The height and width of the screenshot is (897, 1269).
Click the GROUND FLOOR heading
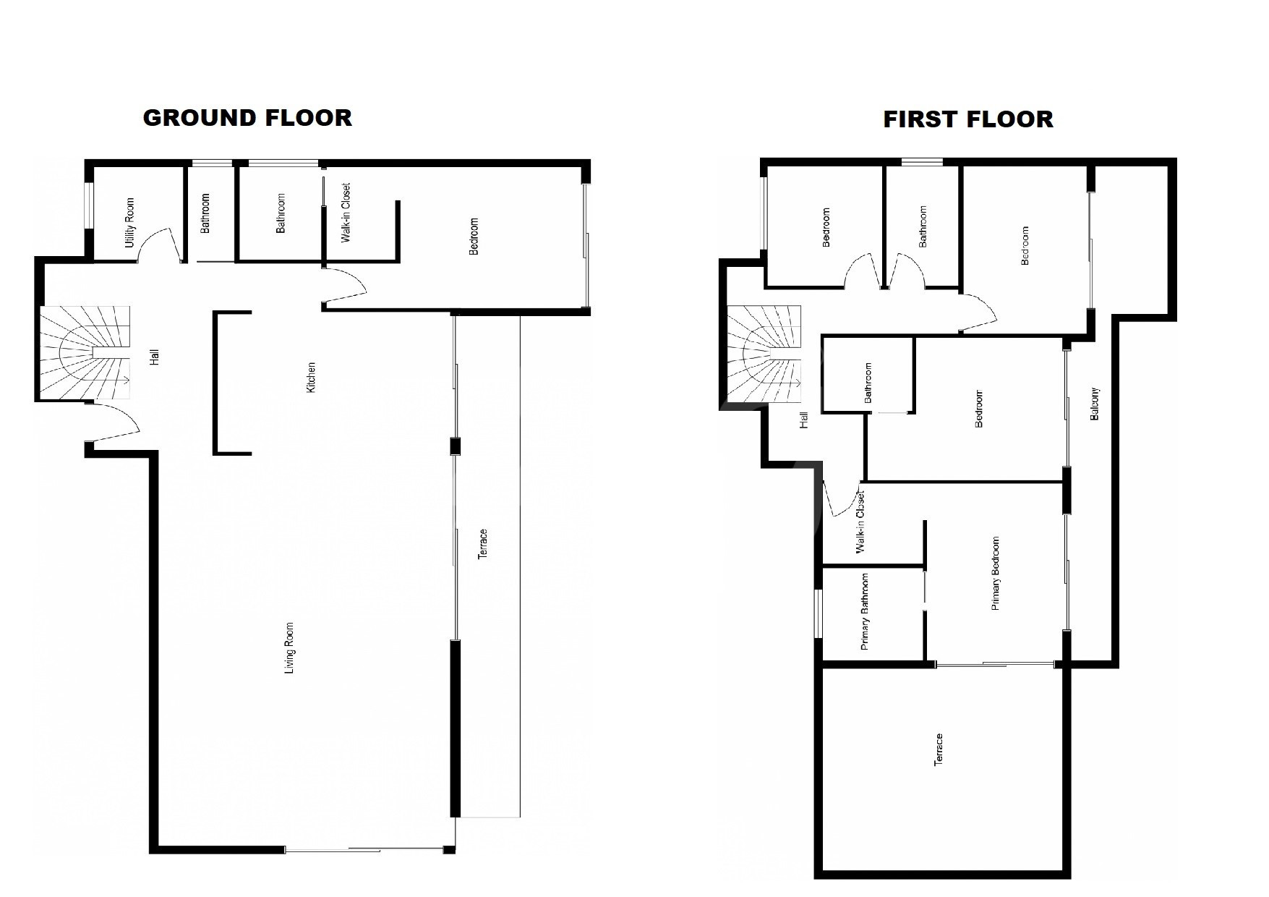[247, 118]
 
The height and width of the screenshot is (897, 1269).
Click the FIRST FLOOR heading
[968, 119]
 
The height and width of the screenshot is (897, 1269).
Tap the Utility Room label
[130, 223]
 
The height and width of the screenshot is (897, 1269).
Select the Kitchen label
[312, 378]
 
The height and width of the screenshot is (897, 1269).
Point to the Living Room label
[290, 648]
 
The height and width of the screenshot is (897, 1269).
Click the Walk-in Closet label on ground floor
[346, 213]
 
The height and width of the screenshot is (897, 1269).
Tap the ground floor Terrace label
[483, 543]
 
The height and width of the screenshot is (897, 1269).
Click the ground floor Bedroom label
[474, 237]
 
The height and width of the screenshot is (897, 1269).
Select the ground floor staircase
[85, 353]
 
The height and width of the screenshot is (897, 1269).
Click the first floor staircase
[764, 354]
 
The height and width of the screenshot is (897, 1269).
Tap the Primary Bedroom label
[996, 574]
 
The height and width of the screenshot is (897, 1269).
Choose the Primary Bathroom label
[865, 612]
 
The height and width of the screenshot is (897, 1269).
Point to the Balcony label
[1095, 404]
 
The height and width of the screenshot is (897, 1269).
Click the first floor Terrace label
[939, 750]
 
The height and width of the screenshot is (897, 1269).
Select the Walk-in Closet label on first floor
[860, 523]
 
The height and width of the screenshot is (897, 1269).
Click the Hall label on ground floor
[154, 357]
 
